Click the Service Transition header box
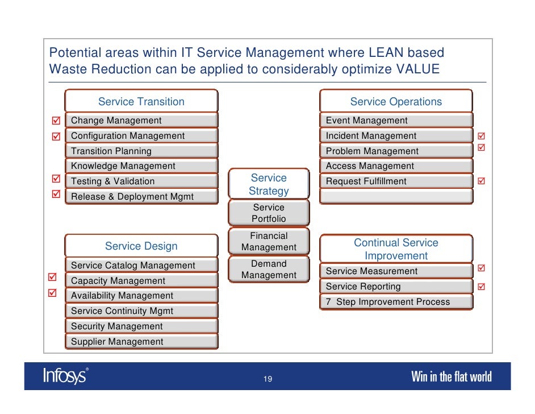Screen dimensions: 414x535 (141, 101)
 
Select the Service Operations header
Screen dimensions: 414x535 (396, 101)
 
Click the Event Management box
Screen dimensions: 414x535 (396, 121)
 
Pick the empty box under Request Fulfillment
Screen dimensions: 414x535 (396, 197)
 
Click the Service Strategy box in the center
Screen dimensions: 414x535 (269, 185)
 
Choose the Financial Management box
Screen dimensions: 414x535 (269, 242)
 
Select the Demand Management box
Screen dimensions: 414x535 (269, 270)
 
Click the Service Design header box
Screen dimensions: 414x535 (141, 246)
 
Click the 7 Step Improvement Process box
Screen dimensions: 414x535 (396, 302)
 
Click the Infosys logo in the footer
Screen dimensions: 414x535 (66, 376)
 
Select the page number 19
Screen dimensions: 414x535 (267, 379)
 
